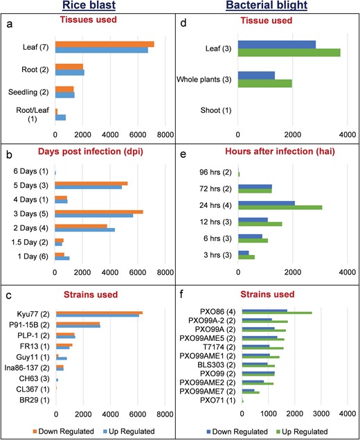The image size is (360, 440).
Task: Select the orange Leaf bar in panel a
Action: tap(105, 44)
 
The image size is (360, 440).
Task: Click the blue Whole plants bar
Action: tap(256, 76)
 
